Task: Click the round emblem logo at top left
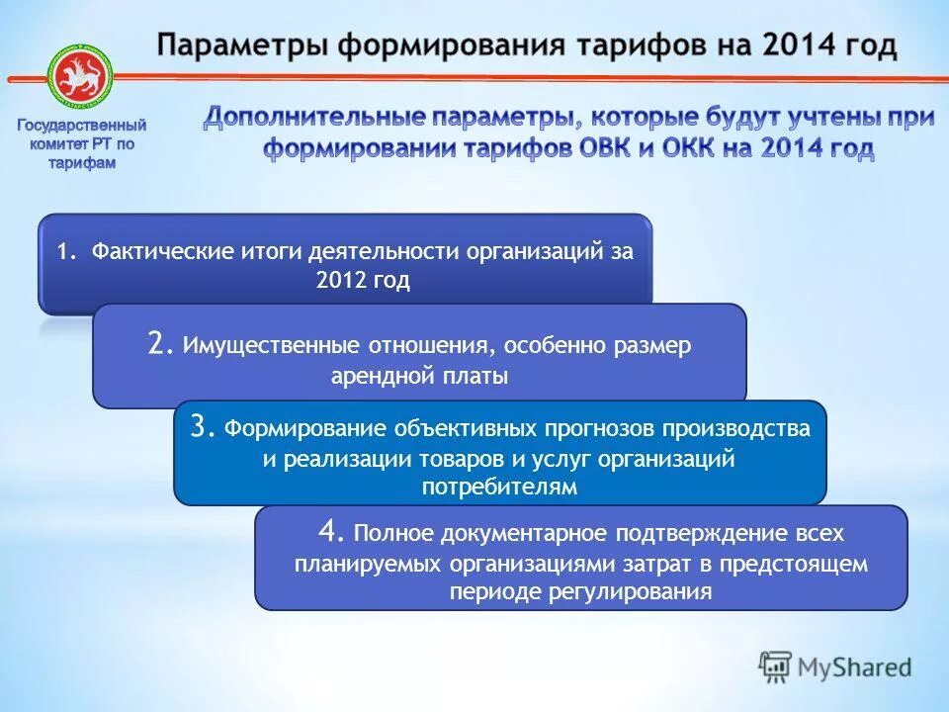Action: (82, 76)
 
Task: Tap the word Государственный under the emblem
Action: (82, 126)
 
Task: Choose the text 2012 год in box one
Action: (363, 281)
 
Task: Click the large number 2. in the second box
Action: (161, 343)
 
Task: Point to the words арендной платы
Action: (420, 376)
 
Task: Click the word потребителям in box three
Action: (499, 487)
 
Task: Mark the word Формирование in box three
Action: (306, 429)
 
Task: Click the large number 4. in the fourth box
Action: (331, 532)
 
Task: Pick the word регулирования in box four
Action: (633, 592)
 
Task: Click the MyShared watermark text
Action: (855, 667)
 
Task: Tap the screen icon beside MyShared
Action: (776, 667)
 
